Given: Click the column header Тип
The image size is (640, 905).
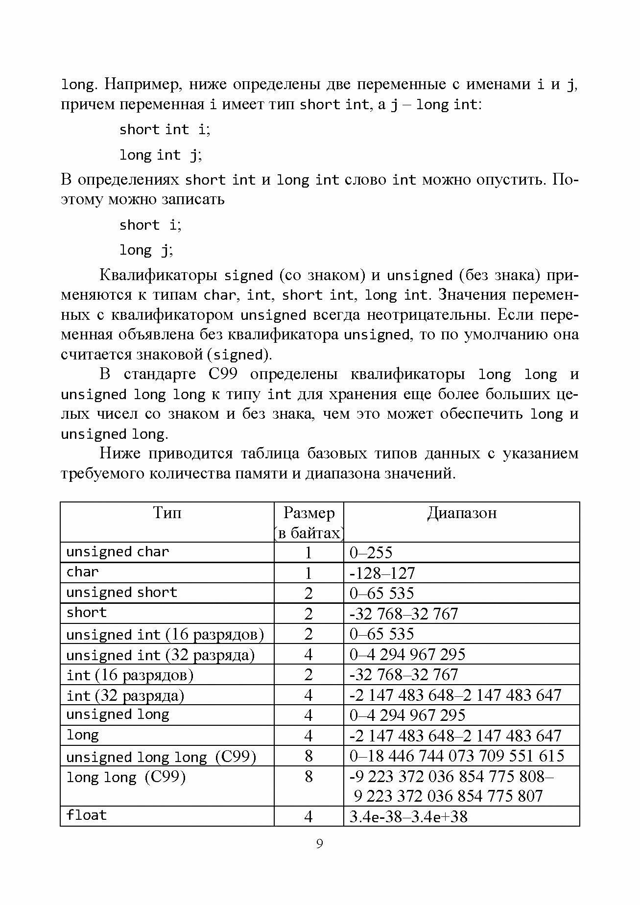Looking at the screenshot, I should [167, 513].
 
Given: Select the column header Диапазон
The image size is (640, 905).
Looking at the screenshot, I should [461, 513].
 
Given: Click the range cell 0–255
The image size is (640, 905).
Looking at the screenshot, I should [371, 552].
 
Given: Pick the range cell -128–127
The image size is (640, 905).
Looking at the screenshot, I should [382, 573].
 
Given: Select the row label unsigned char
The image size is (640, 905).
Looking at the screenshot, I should [118, 552].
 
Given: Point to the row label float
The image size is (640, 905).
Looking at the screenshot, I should [87, 815].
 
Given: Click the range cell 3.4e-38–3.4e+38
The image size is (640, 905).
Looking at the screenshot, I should [408, 816].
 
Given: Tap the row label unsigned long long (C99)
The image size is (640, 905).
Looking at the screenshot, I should [161, 757].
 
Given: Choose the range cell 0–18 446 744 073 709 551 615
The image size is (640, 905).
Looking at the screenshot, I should [457, 756].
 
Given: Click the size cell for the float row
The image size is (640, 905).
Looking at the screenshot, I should [308, 816].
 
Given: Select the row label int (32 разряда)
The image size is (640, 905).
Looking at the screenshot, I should [125, 695].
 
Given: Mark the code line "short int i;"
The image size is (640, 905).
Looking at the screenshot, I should [165, 130].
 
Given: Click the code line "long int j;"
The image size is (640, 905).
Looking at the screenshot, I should [161, 155].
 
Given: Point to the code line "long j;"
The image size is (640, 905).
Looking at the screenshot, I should [146, 250].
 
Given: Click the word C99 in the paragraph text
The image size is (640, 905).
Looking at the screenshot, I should [223, 375].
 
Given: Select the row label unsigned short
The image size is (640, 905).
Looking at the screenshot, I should [121, 593].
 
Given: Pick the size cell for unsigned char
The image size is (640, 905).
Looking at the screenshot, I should [308, 552].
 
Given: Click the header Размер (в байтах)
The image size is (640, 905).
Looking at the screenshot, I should [309, 523].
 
